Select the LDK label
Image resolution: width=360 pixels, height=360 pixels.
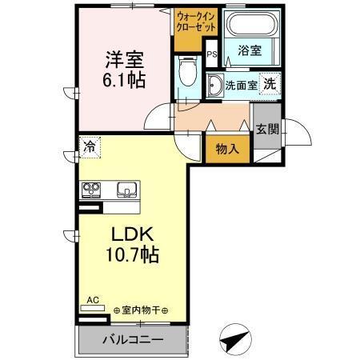click(129, 237)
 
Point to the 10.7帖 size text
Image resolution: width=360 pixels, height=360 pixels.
click(129, 257)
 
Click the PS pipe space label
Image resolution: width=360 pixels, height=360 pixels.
click(211, 55)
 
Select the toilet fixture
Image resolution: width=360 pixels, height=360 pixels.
click(188, 74)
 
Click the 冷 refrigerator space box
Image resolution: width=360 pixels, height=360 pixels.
click(89, 147)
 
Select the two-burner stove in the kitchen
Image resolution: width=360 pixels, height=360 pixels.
click(90, 190)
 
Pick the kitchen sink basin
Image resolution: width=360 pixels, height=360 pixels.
click(126, 190)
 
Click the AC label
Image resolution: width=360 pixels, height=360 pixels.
click(93, 300)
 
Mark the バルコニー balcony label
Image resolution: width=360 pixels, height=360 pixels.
click(133, 340)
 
